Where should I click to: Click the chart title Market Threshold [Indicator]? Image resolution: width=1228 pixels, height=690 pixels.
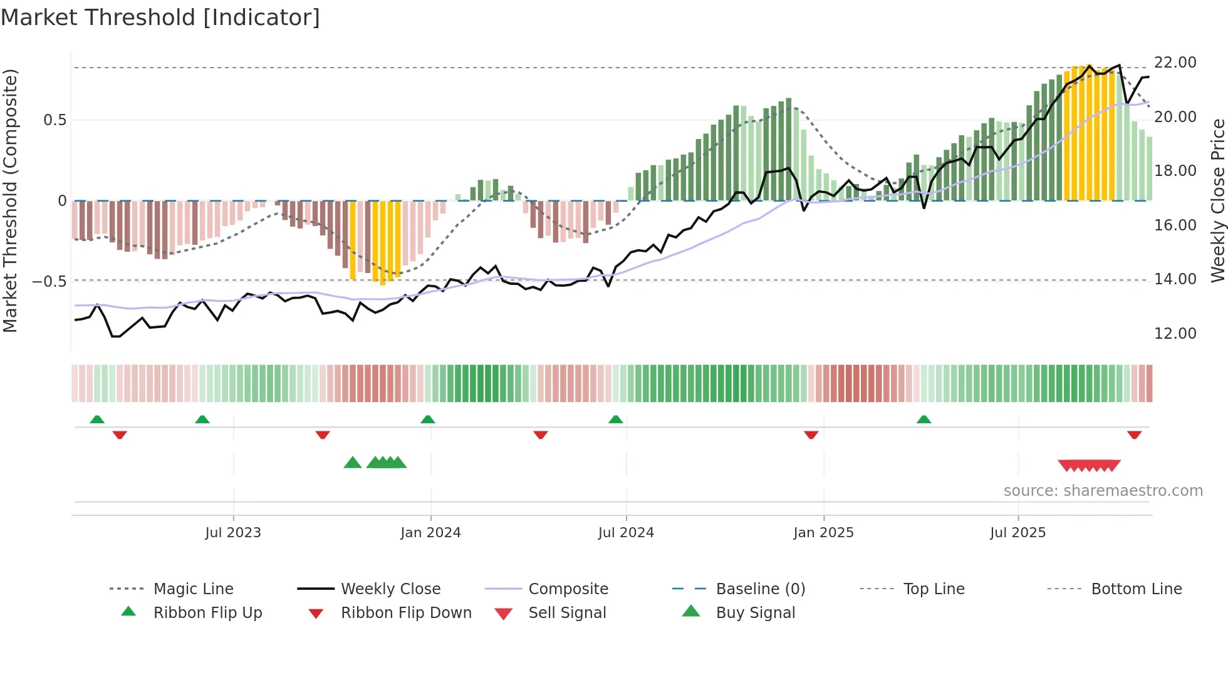(160, 18)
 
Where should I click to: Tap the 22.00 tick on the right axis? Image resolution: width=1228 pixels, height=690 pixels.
(1175, 63)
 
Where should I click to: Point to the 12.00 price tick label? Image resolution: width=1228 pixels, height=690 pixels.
(1175, 334)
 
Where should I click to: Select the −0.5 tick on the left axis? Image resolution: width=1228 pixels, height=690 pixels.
(49, 282)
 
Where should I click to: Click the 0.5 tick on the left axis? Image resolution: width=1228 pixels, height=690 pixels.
(55, 120)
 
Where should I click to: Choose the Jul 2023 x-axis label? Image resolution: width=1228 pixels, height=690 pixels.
(233, 533)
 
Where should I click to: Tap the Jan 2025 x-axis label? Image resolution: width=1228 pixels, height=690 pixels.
(823, 533)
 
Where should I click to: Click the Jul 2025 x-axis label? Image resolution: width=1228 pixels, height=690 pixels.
(1017, 533)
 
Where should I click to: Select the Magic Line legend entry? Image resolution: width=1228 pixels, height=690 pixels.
(193, 589)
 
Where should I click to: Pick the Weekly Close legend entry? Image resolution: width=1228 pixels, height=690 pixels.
(390, 589)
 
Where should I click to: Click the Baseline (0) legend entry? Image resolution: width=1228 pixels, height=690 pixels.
(760, 589)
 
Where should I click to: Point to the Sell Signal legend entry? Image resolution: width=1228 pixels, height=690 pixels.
(567, 613)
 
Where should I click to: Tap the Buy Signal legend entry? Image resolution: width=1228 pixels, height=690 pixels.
(755, 613)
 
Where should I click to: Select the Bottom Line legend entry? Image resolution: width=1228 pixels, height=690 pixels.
(1136, 589)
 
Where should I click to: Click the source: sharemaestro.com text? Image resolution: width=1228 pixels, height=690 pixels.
(1103, 491)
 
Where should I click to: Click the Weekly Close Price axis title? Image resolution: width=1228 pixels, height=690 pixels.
(1217, 200)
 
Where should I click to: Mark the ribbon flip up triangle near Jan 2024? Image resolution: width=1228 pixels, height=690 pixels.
(428, 420)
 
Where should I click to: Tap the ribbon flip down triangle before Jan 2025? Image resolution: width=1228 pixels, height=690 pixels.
(811, 435)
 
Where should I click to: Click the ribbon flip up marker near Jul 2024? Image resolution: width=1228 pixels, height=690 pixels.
(616, 420)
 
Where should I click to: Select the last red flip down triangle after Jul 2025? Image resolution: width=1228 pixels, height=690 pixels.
(1134, 435)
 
